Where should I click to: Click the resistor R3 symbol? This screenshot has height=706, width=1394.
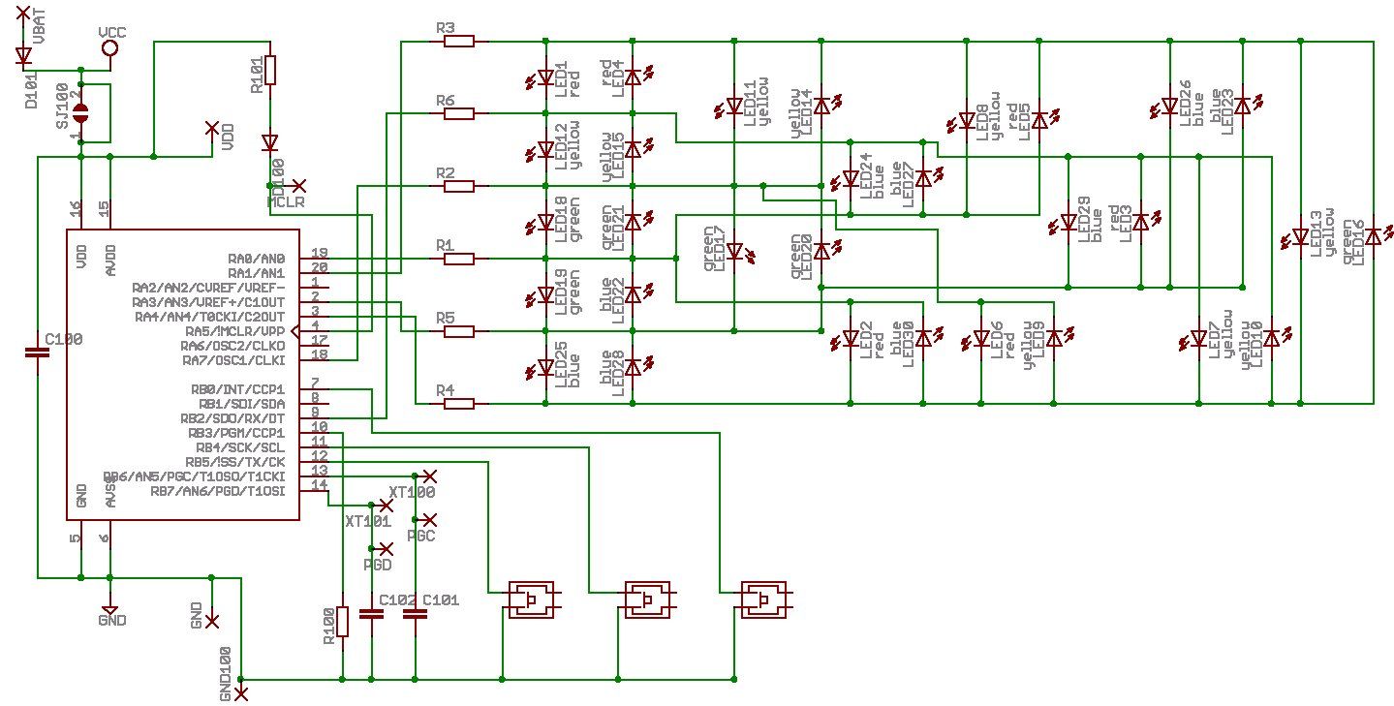[x=458, y=41]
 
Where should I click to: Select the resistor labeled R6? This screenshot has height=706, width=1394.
[x=458, y=113]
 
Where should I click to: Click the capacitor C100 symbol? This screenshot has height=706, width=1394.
[x=37, y=354]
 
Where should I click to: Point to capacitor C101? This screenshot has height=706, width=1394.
[x=415, y=614]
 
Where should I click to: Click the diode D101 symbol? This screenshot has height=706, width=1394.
[x=23, y=56]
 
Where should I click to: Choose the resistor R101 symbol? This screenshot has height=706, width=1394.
[x=270, y=71]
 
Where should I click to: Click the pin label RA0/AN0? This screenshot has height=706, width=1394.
[x=256, y=259]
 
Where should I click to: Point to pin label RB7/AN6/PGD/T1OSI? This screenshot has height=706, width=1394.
[x=218, y=491]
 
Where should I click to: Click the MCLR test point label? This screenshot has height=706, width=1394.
[x=287, y=201]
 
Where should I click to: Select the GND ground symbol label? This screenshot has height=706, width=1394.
[x=112, y=621]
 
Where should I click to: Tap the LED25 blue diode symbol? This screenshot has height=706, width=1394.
[x=546, y=368]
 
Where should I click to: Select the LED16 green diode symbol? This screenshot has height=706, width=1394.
[x=1373, y=237]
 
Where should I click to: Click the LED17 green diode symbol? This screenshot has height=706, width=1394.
[x=734, y=252]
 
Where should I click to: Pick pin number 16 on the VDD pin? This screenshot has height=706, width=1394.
[x=76, y=209]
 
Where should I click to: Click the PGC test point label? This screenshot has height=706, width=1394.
[x=421, y=535]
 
